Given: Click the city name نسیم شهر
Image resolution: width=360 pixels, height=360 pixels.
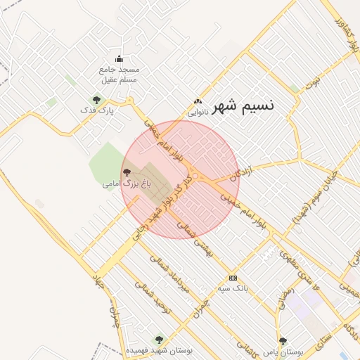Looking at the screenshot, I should [238, 106].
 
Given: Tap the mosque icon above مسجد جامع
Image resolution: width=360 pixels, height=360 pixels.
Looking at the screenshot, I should [119, 59].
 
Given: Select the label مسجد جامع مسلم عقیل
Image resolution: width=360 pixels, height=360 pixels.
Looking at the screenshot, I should [120, 75].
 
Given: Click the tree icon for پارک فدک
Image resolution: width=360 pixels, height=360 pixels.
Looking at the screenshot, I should [96, 100].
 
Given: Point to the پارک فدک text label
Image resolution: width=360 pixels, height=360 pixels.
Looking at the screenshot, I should [97, 110].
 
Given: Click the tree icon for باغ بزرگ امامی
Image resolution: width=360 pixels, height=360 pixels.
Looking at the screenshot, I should [127, 172].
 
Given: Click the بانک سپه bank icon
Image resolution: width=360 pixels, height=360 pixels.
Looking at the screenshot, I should [233, 278].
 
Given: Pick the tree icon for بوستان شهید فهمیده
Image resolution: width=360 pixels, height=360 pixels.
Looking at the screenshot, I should [157, 340].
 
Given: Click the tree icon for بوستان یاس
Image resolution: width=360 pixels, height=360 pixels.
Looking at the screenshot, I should [283, 340].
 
